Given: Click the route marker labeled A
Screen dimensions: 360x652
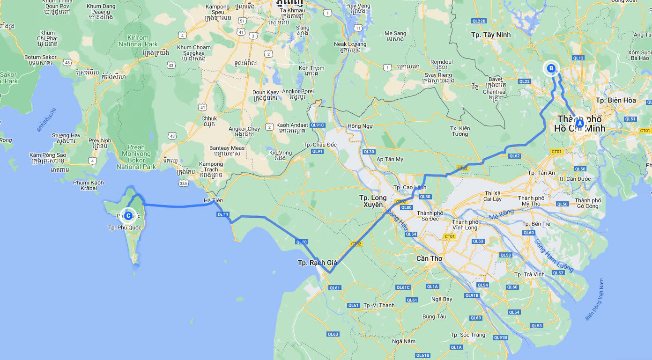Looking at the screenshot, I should coord(579,124).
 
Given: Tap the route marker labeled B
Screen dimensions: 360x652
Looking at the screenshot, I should coord(551,68).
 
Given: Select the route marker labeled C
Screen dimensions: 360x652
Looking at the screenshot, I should coord(128,215).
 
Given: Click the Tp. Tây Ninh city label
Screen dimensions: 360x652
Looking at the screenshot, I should coord(491,35).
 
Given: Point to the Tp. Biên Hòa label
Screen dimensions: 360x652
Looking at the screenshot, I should coord(615,100).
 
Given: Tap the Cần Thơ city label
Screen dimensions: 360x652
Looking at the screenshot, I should coord(430,258).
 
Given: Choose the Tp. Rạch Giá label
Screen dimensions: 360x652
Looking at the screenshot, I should coord(317,263).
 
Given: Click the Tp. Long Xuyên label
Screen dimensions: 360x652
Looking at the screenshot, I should coord(373,201).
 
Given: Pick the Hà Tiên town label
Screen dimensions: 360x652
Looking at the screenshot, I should coord(213,200).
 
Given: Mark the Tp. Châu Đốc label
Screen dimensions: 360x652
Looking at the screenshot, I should coord(320,145).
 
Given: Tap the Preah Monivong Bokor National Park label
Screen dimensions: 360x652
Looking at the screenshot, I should coord(136,157).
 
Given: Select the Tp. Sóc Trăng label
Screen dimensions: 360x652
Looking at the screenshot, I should coord(468,335).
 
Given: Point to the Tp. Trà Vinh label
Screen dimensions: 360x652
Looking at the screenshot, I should coord(530,274).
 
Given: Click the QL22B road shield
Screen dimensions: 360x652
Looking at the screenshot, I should coord(479,21).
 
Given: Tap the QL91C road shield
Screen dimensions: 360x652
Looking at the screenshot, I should coord(317,125).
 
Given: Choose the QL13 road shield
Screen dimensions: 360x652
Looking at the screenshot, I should coord(578,58).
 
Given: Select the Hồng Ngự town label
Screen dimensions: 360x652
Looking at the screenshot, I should coord(361,126).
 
